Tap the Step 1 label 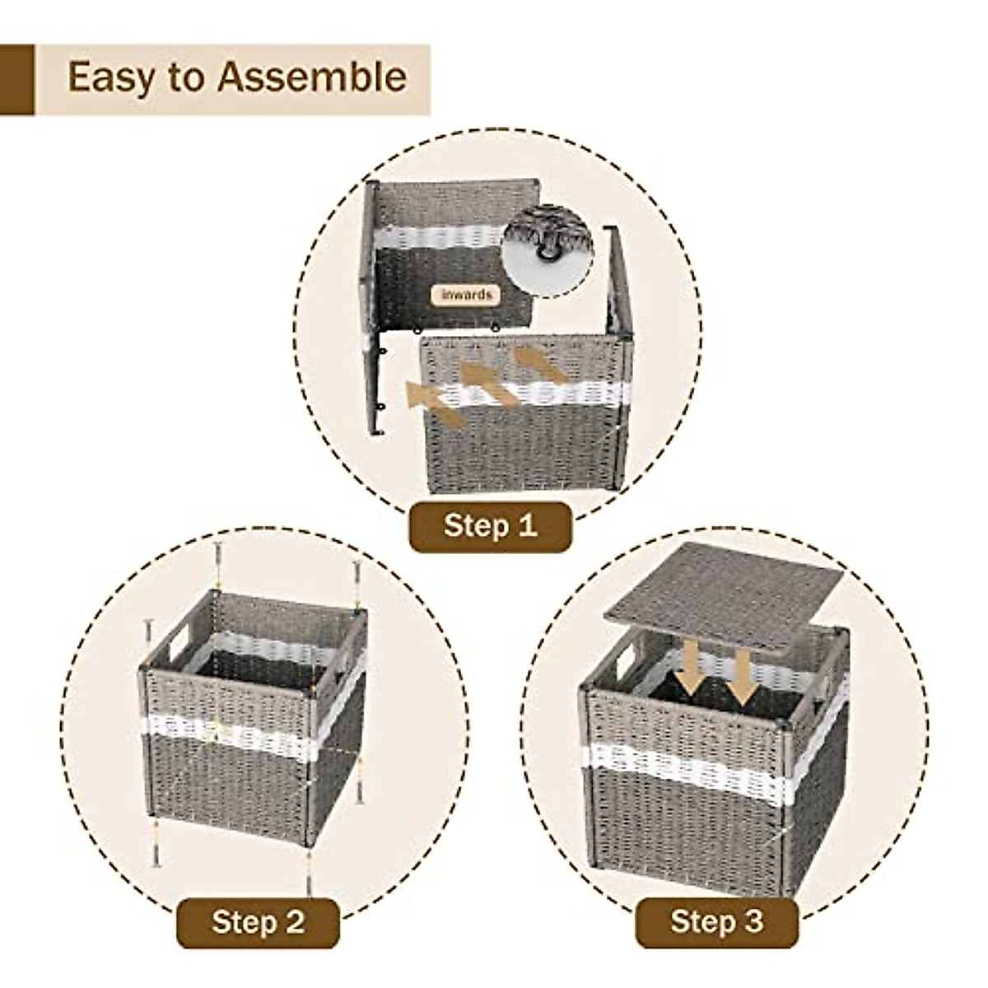490,525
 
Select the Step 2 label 258,921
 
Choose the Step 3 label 717,921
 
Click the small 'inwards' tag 466,295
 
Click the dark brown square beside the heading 16,80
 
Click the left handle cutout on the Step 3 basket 624,658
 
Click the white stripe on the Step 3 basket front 683,771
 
